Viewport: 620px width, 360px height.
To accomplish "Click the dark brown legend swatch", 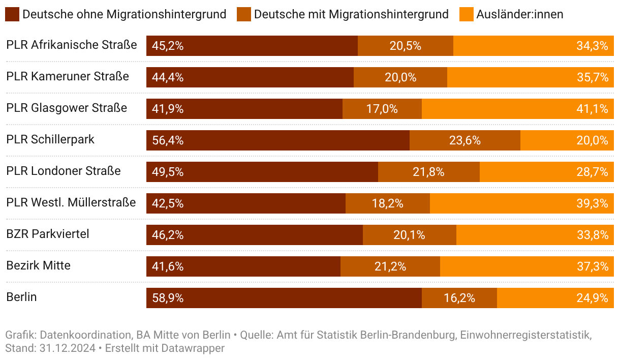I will coord(13,14).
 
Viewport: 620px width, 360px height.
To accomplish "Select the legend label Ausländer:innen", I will coord(519,14).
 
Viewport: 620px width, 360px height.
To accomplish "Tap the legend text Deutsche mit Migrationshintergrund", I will coord(351,14).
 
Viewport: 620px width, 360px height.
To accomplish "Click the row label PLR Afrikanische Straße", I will coord(72,45).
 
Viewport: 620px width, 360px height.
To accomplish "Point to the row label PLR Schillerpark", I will coord(50,139).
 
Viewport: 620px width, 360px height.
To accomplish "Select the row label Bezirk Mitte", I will coord(39,265).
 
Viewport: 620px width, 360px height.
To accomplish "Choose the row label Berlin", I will coord(21,297).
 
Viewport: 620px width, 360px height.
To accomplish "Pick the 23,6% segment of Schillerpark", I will coord(464,140).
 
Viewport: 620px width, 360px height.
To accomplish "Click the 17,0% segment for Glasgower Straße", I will coord(382,109).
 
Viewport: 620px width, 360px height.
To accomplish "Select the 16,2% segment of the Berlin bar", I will coord(459,298).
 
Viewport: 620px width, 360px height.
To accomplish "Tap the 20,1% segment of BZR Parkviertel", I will coord(409,235).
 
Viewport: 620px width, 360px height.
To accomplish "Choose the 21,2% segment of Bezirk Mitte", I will coord(390,266).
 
